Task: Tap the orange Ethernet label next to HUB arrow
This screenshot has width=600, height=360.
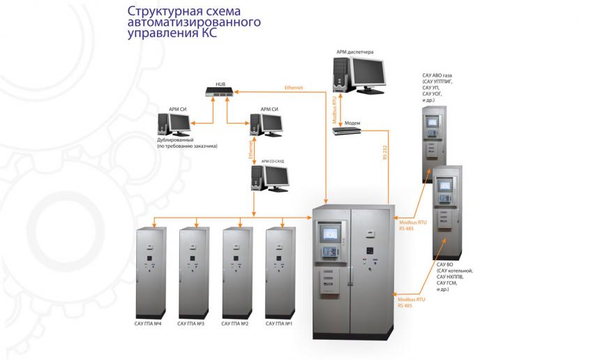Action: [294, 88]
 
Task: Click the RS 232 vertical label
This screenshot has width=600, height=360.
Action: [384, 152]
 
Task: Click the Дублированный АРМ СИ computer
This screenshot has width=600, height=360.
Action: [174, 126]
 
